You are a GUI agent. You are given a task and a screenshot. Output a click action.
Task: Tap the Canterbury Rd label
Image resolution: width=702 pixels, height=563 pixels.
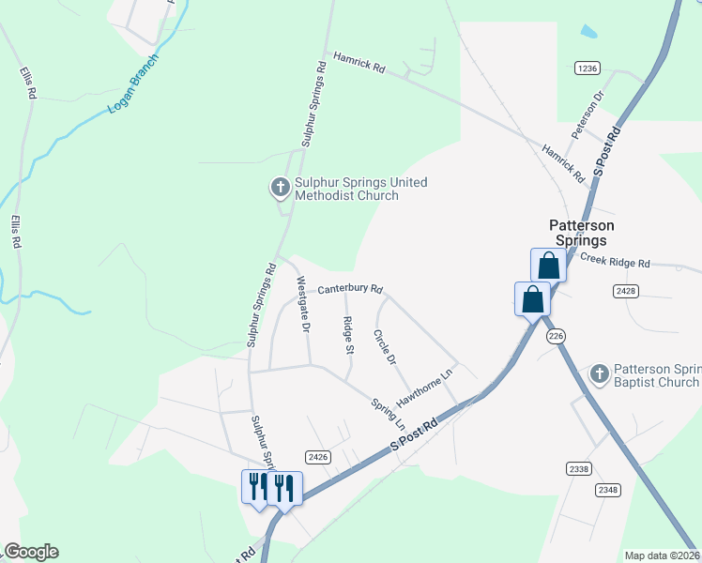click(x=350, y=289)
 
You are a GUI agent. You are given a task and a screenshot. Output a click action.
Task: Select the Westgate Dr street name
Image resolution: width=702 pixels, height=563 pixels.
click(x=302, y=304)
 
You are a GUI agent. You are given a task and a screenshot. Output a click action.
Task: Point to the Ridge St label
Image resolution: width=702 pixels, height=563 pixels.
click(x=348, y=335)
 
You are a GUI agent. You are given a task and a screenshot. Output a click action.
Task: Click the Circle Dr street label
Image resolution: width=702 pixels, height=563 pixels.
click(x=385, y=346)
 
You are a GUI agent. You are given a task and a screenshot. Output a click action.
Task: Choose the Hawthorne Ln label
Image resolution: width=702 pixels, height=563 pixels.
click(x=424, y=387)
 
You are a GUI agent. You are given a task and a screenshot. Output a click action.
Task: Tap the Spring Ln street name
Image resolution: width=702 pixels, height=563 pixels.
click(x=388, y=414)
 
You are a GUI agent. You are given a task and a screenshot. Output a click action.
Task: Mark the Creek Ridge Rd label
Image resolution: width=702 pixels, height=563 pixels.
click(x=615, y=263)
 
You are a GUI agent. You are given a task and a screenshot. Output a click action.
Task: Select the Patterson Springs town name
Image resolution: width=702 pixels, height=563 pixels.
click(x=582, y=233)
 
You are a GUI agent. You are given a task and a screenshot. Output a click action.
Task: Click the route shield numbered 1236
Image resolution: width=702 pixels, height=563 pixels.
click(x=588, y=68)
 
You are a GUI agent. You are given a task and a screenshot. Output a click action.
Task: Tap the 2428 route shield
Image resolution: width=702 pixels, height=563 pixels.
click(x=627, y=292)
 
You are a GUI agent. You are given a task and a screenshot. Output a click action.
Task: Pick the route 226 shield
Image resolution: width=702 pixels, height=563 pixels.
click(x=556, y=336)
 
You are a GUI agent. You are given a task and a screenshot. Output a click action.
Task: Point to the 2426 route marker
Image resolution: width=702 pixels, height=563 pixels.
click(x=318, y=457)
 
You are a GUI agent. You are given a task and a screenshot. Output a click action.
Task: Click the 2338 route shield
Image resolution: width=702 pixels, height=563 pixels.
click(x=579, y=468)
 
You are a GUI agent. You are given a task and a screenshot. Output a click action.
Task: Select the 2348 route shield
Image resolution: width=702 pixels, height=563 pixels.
click(x=607, y=489)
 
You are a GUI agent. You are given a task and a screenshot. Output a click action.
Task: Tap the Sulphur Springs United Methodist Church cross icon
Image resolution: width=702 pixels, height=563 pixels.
click(x=279, y=189)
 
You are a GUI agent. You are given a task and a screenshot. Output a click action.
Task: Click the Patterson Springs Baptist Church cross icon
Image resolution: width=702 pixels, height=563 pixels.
click(x=600, y=374)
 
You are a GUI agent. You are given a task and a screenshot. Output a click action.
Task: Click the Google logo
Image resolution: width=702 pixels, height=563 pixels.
click(x=31, y=552)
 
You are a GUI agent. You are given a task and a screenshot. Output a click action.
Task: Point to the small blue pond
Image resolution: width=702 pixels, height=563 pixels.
click(x=588, y=32)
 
